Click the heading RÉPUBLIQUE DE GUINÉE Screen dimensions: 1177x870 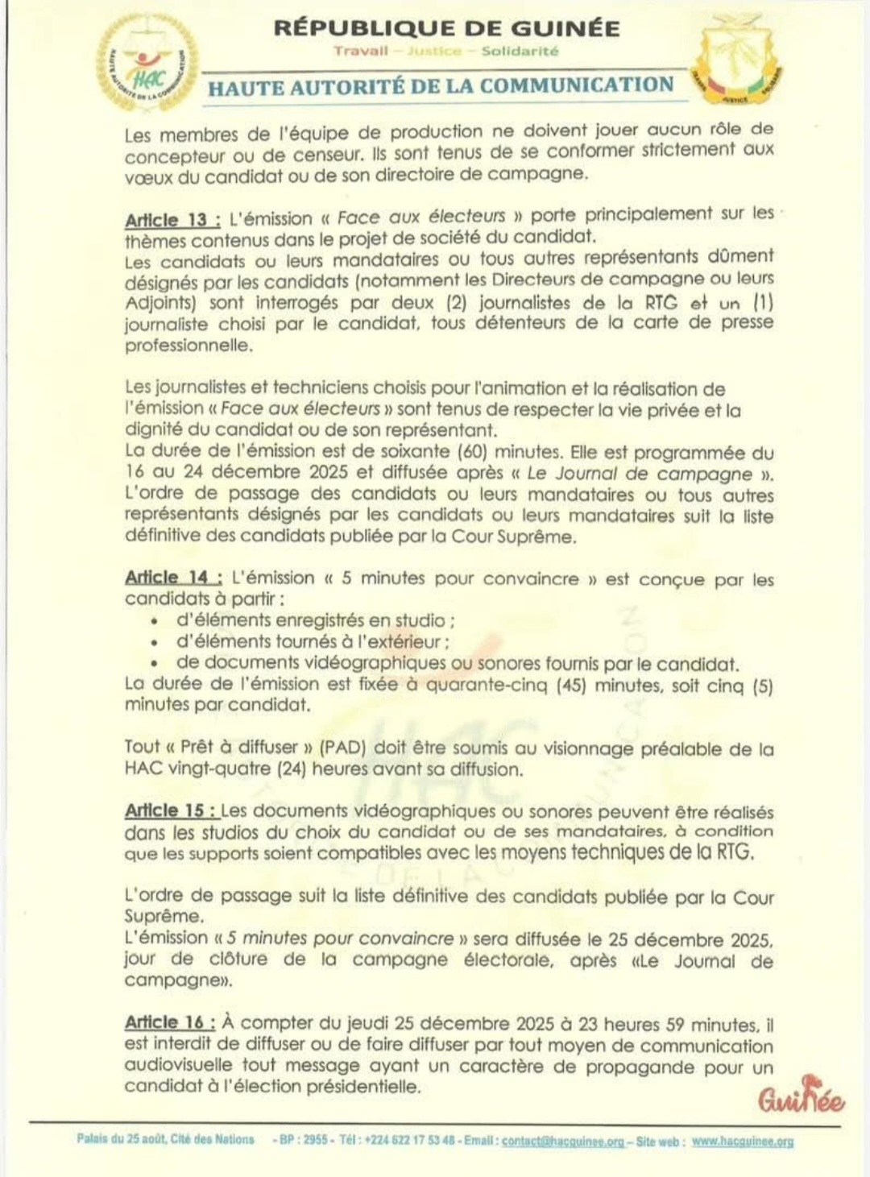446,28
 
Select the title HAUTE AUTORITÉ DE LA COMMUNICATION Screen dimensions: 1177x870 441,85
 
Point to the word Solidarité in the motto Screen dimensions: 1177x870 520,51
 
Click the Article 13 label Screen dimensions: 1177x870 172,219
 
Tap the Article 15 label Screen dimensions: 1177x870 170,810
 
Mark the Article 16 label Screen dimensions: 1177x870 169,1022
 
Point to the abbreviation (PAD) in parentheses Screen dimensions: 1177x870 343,748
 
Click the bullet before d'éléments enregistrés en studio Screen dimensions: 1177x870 154,622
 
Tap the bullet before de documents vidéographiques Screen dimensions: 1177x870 154,665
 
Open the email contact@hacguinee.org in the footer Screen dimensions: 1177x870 563,1141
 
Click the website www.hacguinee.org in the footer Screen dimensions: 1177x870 742,1141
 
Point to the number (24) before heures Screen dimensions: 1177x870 292,769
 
